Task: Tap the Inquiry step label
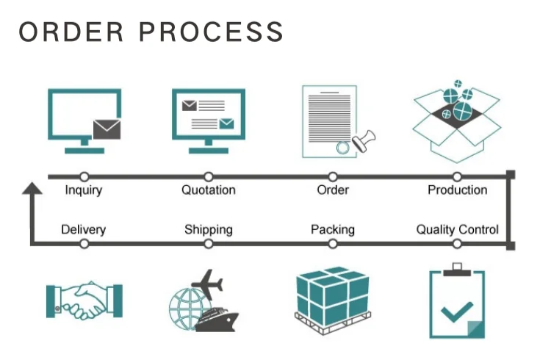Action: tap(84, 190)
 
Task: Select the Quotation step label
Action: tap(209, 190)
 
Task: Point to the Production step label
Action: tap(457, 190)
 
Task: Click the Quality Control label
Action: tap(457, 229)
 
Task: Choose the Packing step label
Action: tap(333, 229)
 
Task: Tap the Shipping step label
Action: tap(209, 229)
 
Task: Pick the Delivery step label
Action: tap(84, 229)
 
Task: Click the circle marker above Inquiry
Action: tap(84, 176)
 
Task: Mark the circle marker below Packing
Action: tap(333, 244)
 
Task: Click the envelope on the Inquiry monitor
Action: tap(107, 130)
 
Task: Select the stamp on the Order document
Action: tap(361, 141)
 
